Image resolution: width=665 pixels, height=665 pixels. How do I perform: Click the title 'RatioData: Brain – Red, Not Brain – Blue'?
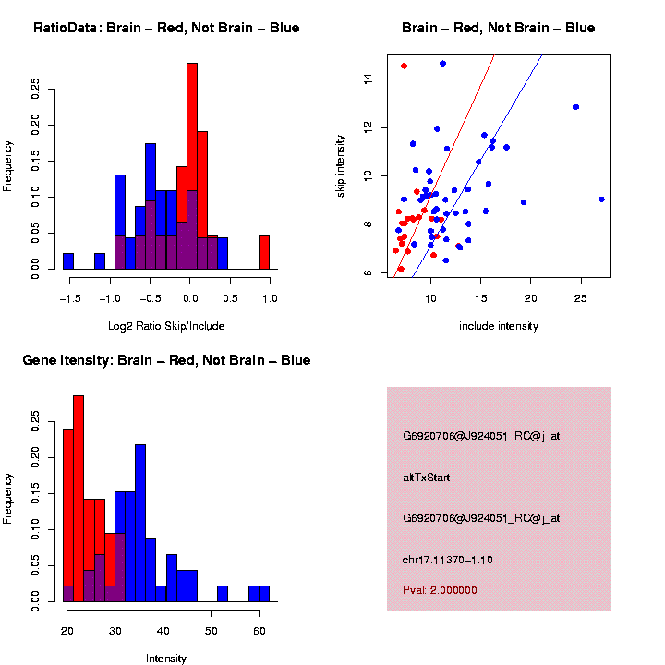pyautogui.click(x=166, y=28)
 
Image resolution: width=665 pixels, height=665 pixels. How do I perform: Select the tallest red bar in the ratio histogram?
pyautogui.click(x=192, y=166)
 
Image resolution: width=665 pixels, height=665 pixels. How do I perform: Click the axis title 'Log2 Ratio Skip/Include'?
pyautogui.click(x=166, y=326)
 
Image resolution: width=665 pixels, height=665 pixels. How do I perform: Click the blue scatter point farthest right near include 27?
pyautogui.click(x=601, y=199)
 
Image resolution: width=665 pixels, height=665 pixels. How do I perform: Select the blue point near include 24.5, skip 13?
pyautogui.click(x=575, y=107)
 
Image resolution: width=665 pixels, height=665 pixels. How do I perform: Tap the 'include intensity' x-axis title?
pyautogui.click(x=499, y=326)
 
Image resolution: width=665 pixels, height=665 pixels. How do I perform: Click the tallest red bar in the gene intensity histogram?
pyautogui.click(x=79, y=499)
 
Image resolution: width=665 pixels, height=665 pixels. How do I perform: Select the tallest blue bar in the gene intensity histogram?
pyautogui.click(x=140, y=523)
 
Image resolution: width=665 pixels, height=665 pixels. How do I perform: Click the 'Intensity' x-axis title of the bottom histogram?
pyautogui.click(x=166, y=659)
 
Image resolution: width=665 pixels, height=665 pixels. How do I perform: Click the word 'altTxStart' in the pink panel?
pyautogui.click(x=426, y=478)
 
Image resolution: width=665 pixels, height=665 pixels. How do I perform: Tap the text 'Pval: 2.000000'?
pyautogui.click(x=440, y=590)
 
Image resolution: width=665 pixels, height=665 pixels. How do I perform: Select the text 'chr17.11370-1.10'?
pyautogui.click(x=448, y=560)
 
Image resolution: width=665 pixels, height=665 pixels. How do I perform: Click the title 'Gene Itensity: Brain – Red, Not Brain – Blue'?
pyautogui.click(x=166, y=360)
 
